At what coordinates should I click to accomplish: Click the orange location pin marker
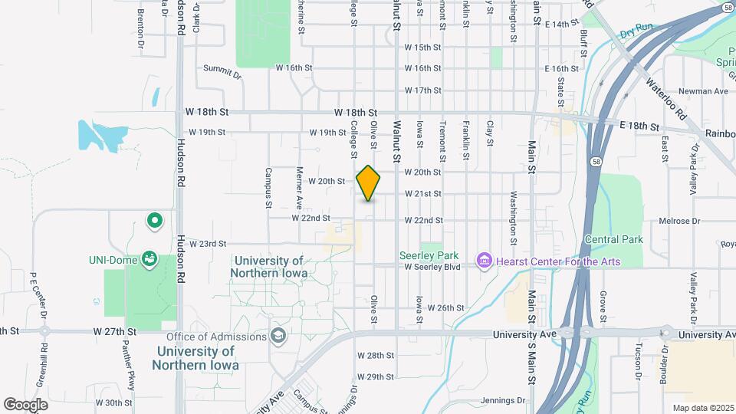point(369,183)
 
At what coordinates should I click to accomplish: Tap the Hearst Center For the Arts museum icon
point(484,261)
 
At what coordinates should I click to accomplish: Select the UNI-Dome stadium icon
point(149,261)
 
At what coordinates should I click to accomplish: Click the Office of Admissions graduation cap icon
point(278,337)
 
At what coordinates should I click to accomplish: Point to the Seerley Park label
point(429,255)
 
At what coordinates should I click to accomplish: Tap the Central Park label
point(613,239)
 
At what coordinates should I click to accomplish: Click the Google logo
point(25,404)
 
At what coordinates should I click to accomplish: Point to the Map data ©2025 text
point(702,408)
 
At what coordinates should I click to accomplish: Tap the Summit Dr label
point(222,72)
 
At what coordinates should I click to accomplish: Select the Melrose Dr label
point(680,222)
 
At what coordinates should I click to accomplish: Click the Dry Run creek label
point(636,31)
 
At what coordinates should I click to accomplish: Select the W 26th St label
point(448,307)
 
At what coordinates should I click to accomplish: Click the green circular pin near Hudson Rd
point(155,222)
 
